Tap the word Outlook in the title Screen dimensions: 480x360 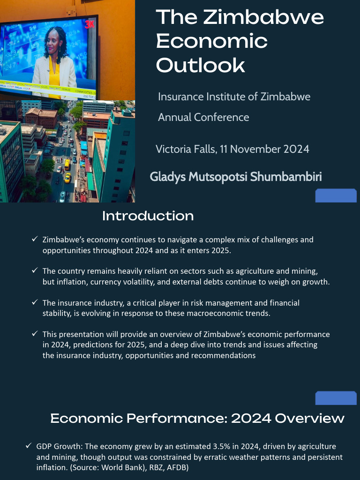click(x=200, y=65)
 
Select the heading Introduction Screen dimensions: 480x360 click(x=148, y=216)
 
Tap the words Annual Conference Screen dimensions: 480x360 click(x=203, y=117)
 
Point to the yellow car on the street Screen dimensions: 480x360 click(x=67, y=178)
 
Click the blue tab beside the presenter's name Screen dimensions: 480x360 click(x=336, y=195)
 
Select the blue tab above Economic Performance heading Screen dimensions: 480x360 click(x=336, y=398)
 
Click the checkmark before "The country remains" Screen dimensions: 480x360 click(x=35, y=271)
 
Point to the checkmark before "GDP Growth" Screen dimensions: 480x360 click(x=29, y=446)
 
